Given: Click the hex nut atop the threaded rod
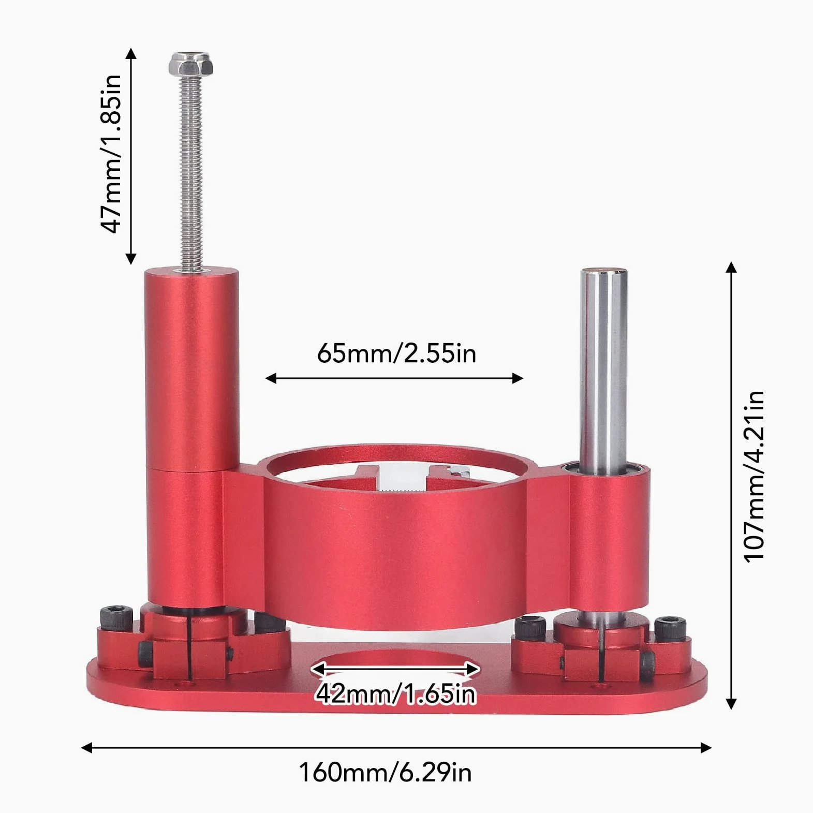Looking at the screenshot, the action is [x=190, y=64].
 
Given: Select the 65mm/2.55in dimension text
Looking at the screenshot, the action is [x=396, y=353].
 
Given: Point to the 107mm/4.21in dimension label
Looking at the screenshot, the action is [x=753, y=476].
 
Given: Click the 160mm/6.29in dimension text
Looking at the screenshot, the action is [x=386, y=773].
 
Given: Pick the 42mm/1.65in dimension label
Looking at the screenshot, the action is [x=395, y=693].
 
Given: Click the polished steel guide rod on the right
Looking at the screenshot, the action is [x=603, y=372].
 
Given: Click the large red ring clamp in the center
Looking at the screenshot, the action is [x=396, y=538].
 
